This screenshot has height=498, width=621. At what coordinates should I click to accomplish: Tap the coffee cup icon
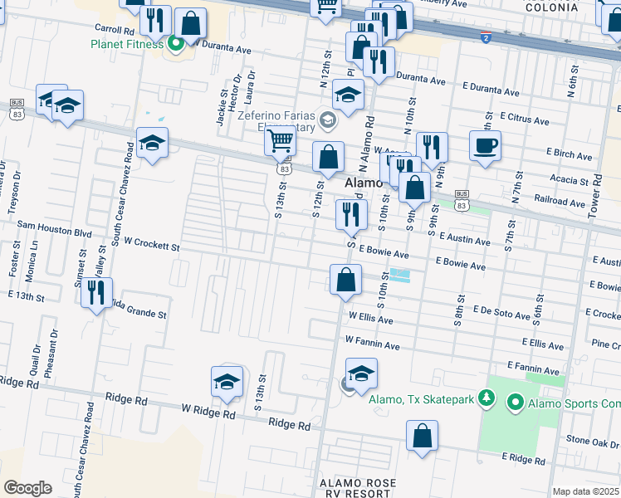[x=485, y=146]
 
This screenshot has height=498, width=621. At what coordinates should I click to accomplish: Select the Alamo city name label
[x=362, y=183]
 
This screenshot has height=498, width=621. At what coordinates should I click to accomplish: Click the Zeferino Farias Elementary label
[x=276, y=122]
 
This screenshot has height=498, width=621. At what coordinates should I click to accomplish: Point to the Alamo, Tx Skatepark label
[x=421, y=400]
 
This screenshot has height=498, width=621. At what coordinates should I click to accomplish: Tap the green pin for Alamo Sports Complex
[x=515, y=404]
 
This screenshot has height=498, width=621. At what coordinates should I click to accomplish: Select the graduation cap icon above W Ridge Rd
[x=227, y=382]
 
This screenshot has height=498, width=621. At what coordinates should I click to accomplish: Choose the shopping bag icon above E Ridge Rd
[x=423, y=436]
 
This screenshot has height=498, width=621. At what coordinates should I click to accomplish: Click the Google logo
[x=27, y=487]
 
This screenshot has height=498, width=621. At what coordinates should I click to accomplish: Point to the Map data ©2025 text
[x=585, y=491]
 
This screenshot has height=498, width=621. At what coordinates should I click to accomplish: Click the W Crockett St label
[x=148, y=247]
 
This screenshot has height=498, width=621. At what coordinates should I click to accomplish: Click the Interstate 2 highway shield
[x=485, y=38]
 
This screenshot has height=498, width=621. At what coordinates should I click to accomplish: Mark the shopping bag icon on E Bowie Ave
[x=345, y=280]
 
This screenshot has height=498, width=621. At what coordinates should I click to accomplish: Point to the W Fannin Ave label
[x=374, y=340]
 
